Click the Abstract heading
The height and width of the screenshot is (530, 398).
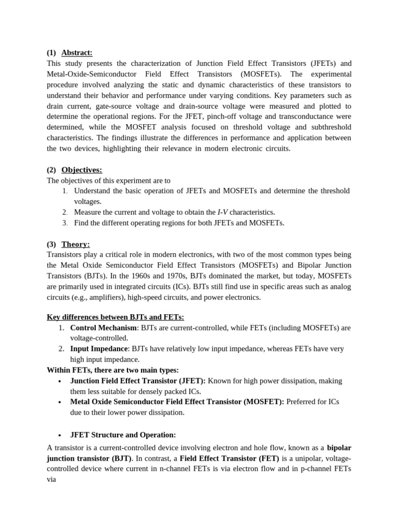77,52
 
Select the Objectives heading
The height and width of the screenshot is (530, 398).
81,170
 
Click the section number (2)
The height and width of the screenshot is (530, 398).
51,170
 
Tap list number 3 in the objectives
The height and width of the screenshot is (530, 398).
65,223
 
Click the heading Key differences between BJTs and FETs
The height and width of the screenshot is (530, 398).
115,317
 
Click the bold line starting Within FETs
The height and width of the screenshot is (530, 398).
112,370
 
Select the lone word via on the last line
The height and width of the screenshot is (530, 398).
51,480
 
